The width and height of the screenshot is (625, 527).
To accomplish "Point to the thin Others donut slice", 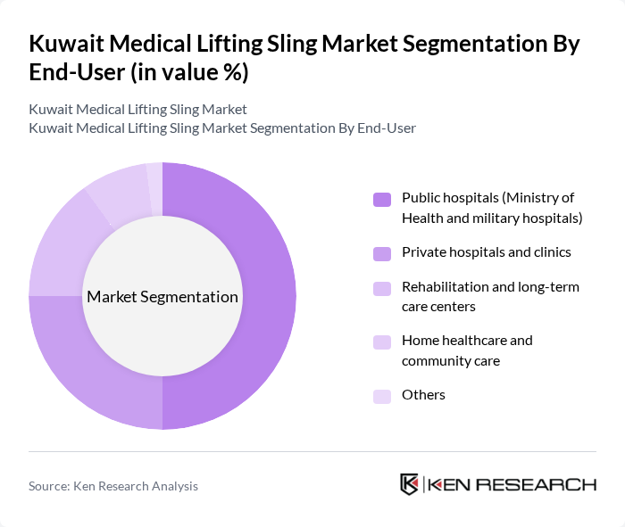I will click(x=154, y=177).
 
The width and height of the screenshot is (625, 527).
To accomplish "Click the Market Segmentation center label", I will click(x=162, y=297).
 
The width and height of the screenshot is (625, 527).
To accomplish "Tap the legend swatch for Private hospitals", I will click(x=382, y=253).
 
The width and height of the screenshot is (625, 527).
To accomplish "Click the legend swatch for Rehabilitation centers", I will click(x=382, y=288).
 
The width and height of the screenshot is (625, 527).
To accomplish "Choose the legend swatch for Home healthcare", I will click(x=382, y=342).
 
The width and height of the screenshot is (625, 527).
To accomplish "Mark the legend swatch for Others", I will click(x=382, y=396).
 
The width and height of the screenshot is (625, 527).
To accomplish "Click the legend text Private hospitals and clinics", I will click(x=487, y=252).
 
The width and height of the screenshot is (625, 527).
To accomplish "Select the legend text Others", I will click(x=423, y=395).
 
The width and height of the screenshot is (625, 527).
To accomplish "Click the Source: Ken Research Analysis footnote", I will click(x=113, y=486).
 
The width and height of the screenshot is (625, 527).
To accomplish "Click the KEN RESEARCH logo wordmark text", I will click(x=512, y=485).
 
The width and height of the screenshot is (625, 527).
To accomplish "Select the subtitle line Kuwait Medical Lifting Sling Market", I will click(x=137, y=110).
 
